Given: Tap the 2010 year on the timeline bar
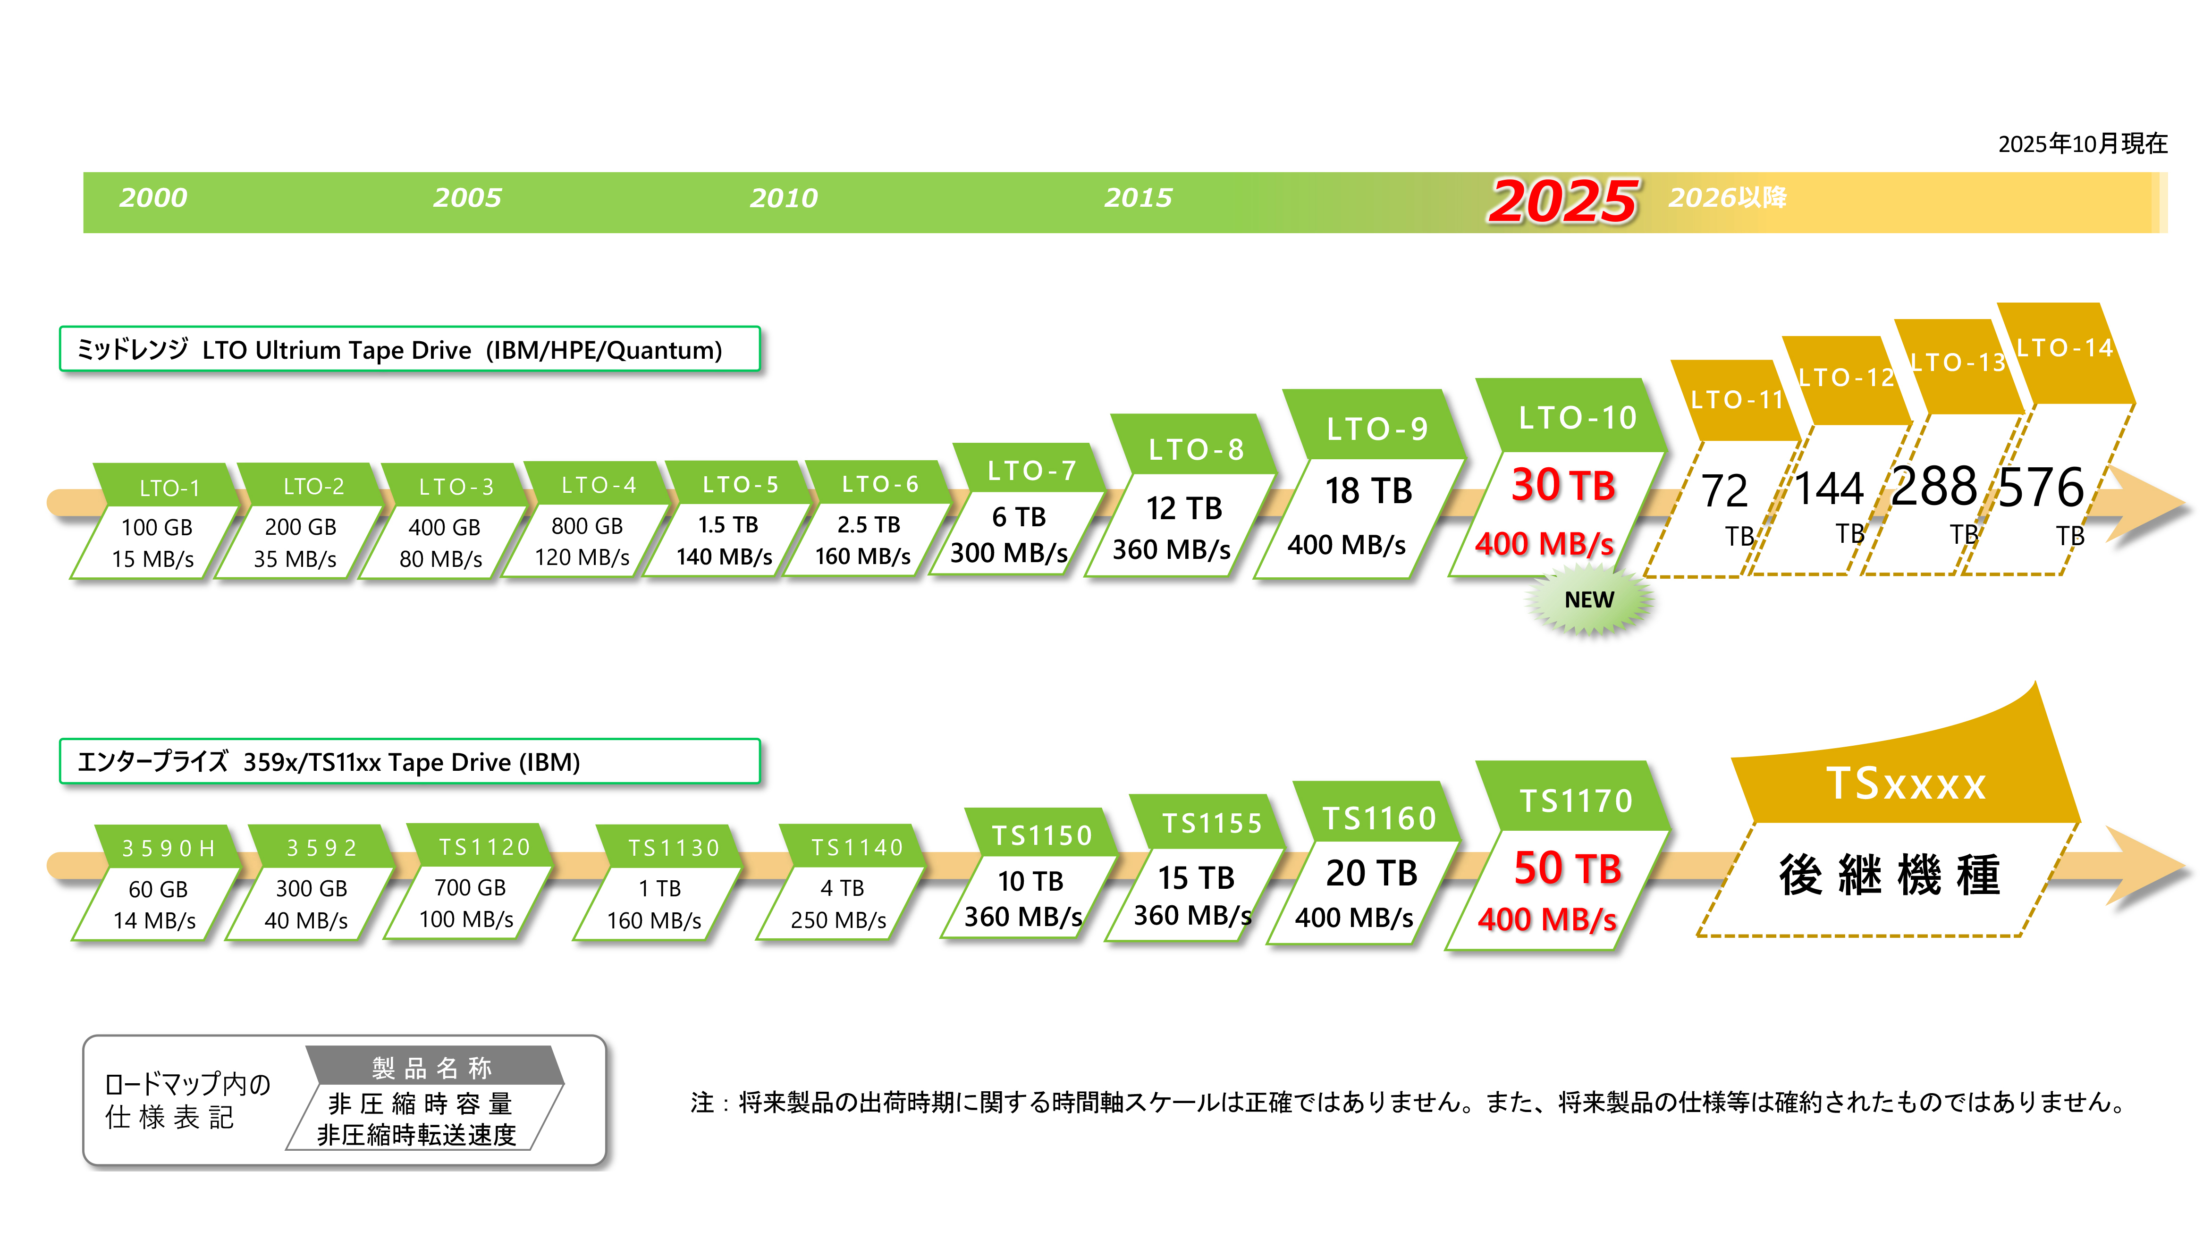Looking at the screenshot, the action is pyautogui.click(x=784, y=197).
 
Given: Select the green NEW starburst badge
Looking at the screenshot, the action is pyautogui.click(x=1589, y=600).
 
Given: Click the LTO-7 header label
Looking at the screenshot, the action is pyautogui.click(x=1031, y=470).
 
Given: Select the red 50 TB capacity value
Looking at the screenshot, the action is pyautogui.click(x=1568, y=869).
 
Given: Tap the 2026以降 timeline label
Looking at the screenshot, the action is pyautogui.click(x=1728, y=197).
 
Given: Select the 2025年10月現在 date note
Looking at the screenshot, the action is pyautogui.click(x=2083, y=143).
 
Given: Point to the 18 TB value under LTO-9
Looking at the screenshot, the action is pyautogui.click(x=1368, y=491).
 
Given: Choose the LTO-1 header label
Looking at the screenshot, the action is pyautogui.click(x=169, y=488).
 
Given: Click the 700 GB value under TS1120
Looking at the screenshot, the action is pyautogui.click(x=470, y=887).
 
